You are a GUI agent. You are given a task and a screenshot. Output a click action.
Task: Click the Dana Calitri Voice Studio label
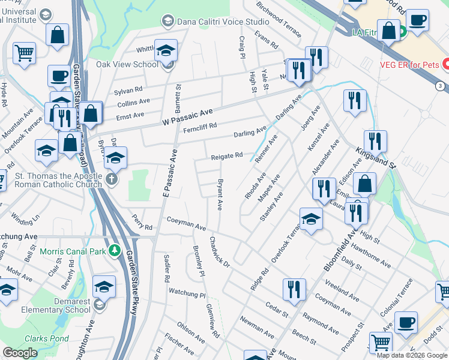tap(223, 21)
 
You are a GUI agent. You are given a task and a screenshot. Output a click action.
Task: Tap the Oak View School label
tap(127, 64)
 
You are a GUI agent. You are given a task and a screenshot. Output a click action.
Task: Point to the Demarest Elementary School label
tap(61, 305)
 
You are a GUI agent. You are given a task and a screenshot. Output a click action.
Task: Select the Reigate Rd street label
tap(226, 156)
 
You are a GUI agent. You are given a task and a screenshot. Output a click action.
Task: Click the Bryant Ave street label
tap(220, 194)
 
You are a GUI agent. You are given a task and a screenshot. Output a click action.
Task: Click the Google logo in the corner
tap(20, 353)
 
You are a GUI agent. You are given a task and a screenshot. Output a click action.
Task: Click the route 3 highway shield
tap(441, 86)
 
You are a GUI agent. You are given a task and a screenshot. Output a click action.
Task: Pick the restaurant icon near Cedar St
tap(294, 289)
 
